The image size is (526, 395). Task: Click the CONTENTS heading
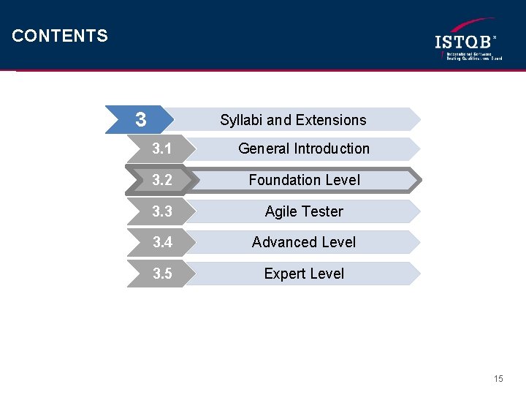[x=60, y=36]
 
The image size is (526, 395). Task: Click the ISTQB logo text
[x=465, y=42]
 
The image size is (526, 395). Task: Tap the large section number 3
[x=141, y=119]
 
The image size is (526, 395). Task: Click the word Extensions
[x=331, y=120]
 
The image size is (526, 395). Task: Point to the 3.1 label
[x=162, y=148]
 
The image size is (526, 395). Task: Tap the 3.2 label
[x=162, y=180]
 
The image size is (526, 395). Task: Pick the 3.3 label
[x=162, y=211]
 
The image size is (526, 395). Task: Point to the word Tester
[x=323, y=211]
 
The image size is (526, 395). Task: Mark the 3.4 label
[x=162, y=242]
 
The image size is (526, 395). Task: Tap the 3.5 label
[x=162, y=274]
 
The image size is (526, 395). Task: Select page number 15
[x=498, y=379]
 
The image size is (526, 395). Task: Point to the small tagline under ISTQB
[x=472, y=56]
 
